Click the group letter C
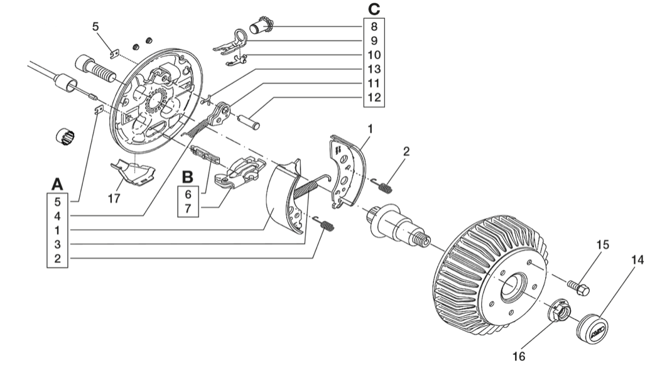point(374,9)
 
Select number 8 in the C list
point(374,27)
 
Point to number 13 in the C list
point(374,69)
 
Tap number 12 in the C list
point(374,97)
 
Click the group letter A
point(57,184)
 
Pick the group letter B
point(188,176)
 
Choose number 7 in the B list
point(188,209)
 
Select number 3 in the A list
point(57,244)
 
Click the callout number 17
point(114,198)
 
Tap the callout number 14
point(637,259)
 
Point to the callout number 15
point(603,245)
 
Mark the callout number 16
point(519,356)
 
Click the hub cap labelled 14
point(592,326)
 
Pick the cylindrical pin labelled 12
point(249,121)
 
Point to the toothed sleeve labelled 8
point(261,25)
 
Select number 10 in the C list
point(374,55)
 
